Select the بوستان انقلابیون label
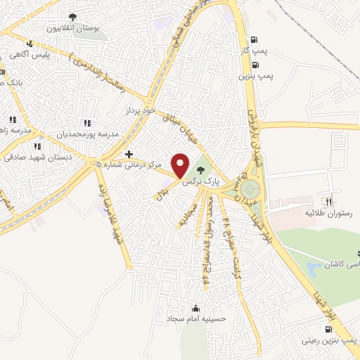coord(72,29)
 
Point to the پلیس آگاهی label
coord(29,55)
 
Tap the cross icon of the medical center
coord(128,153)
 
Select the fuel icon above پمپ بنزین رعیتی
coord(329,328)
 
